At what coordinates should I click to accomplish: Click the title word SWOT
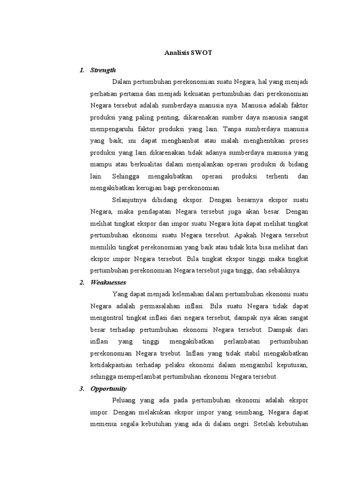pyautogui.click(x=202, y=52)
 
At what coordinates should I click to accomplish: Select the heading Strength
pyautogui.click(x=103, y=70)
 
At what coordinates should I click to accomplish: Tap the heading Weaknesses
pyautogui.click(x=108, y=282)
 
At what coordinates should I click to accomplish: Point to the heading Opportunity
pyautogui.click(x=109, y=389)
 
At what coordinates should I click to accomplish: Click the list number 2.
pyautogui.click(x=82, y=282)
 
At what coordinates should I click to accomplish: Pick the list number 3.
pyautogui.click(x=82, y=389)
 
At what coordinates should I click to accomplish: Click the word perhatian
pyautogui.click(x=106, y=93)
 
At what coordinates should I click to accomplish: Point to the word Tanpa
pyautogui.click(x=232, y=128)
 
